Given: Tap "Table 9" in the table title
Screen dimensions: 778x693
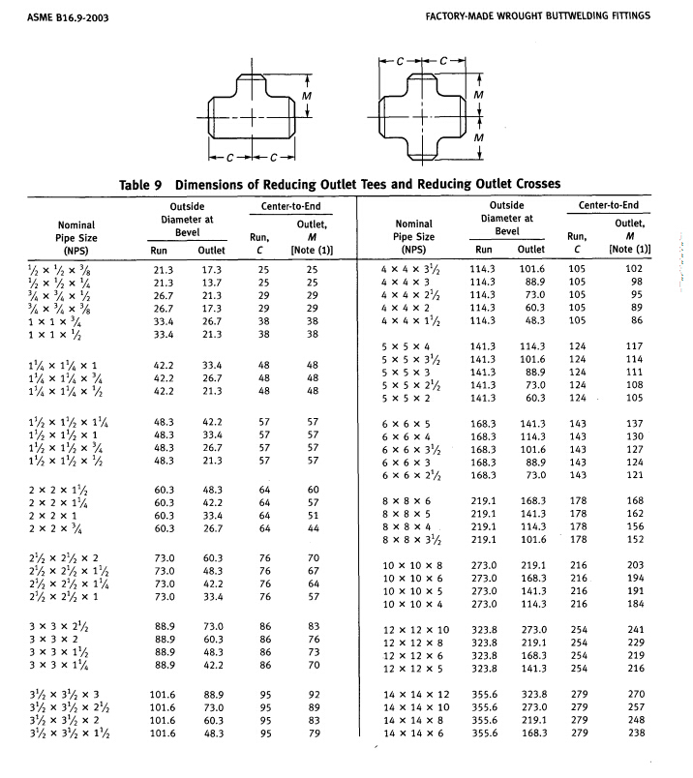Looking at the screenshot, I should point(145,184).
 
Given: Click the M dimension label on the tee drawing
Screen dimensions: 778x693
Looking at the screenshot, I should point(306,98).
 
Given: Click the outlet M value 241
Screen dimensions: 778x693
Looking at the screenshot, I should point(635,630).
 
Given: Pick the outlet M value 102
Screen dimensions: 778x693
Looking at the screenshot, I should point(635,268).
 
